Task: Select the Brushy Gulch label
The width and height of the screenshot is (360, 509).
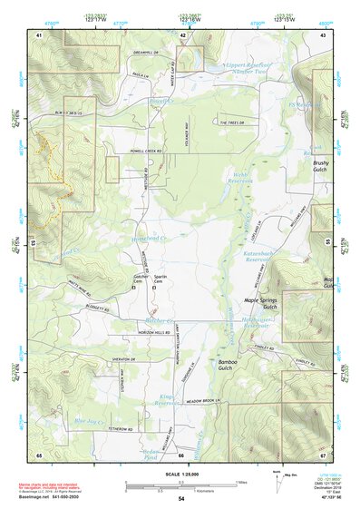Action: coord(321,166)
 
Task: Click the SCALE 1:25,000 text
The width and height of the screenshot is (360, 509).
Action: coord(180,473)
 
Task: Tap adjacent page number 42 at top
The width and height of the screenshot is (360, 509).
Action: coord(183,34)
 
